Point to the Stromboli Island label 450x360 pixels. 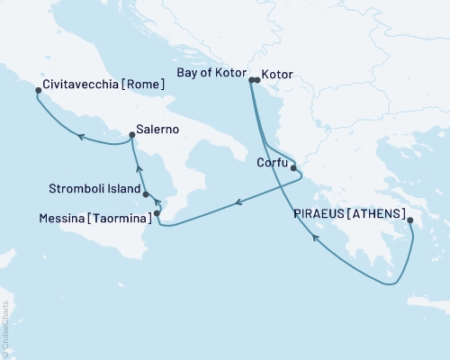94,190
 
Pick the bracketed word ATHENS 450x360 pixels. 378,215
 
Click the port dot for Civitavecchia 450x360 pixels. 38,90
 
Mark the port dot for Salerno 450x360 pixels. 132,136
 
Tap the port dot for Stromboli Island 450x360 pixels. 146,193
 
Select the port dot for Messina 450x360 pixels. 157,213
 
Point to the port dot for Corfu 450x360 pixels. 293,167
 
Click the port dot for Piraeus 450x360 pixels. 409,220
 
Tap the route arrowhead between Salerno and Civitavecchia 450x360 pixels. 79,137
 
